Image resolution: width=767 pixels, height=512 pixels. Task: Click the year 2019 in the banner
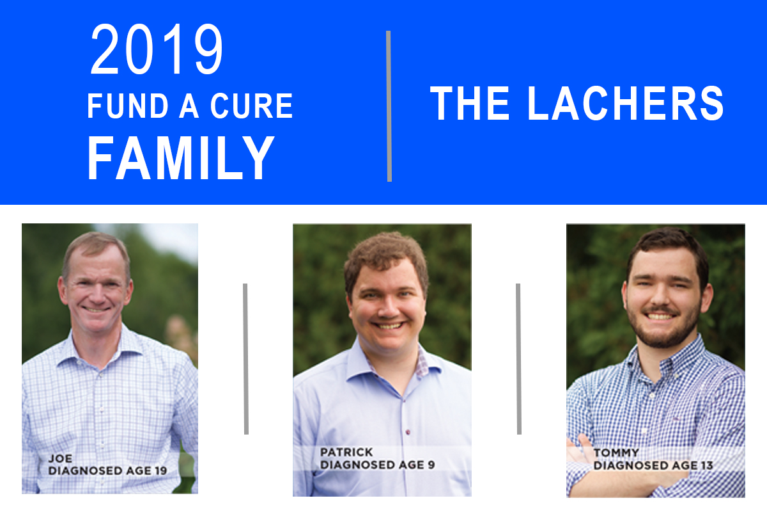(157, 49)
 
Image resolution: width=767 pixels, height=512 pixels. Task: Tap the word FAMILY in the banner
(181, 157)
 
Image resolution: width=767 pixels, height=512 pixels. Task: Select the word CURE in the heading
(252, 106)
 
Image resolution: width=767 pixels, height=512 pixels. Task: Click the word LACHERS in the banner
(625, 103)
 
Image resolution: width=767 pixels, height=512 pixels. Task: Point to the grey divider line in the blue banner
(389, 106)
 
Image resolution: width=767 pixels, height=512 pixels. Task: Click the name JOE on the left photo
(60, 458)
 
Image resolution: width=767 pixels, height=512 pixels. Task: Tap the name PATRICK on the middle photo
(346, 452)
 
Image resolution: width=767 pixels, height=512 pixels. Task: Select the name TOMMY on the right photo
(616, 452)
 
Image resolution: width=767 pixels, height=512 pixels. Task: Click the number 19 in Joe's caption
(160, 470)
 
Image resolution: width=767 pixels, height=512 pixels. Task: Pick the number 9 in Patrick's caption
(431, 465)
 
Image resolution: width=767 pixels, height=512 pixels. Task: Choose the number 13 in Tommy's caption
(706, 465)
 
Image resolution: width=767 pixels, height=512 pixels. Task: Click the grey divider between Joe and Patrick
(246, 358)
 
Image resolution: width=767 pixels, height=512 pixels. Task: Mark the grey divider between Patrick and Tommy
(519, 358)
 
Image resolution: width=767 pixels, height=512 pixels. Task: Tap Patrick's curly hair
(386, 254)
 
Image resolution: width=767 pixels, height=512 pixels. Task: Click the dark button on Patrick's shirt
(408, 432)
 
